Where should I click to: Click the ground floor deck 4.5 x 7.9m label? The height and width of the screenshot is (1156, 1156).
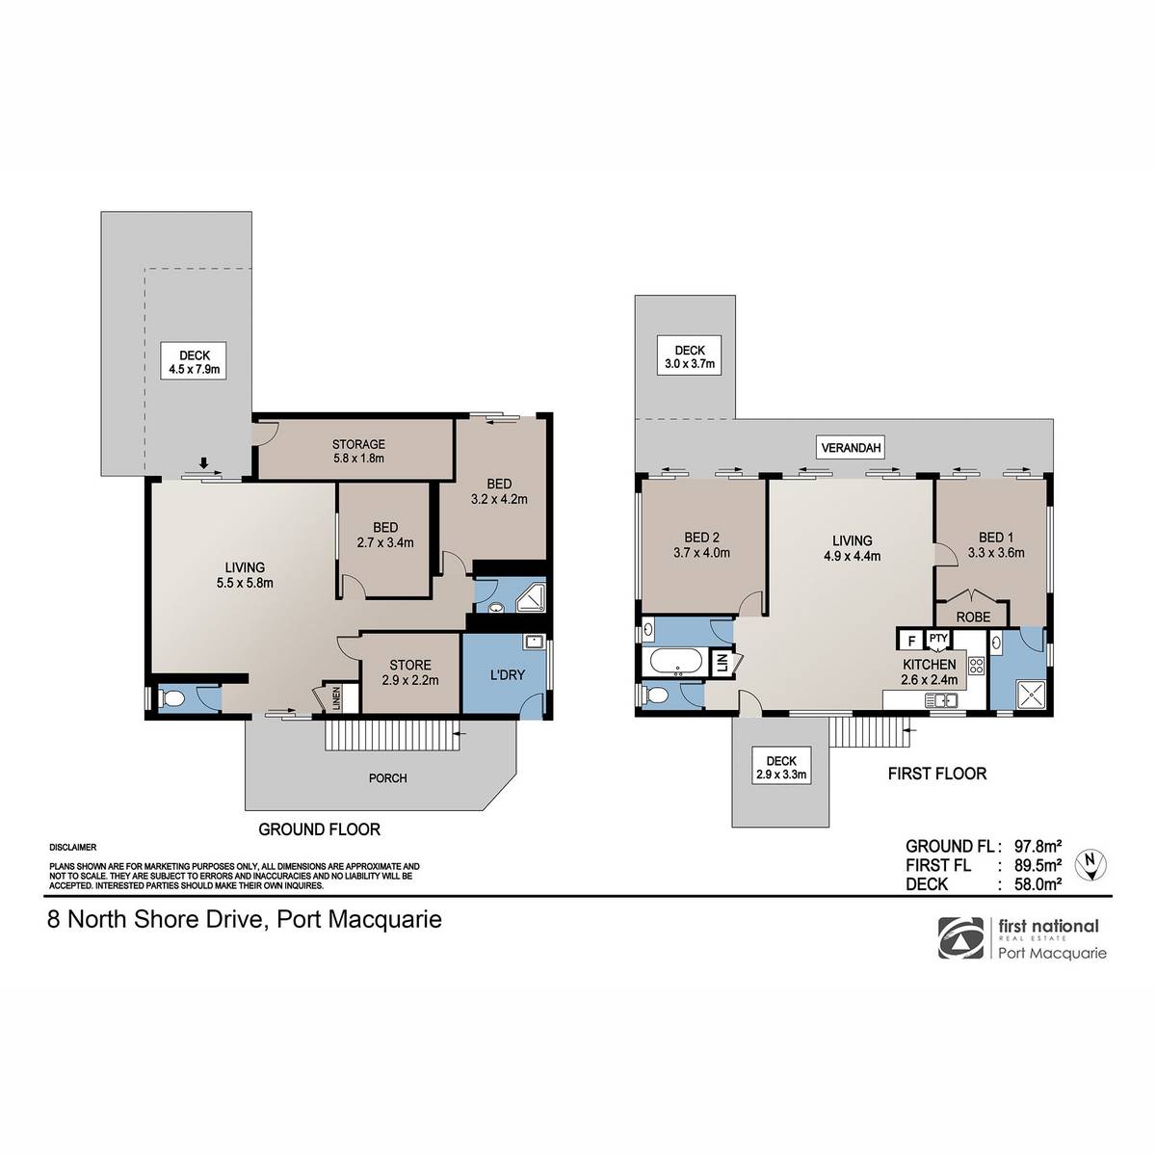tap(194, 361)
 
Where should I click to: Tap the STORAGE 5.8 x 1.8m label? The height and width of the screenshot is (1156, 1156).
tap(358, 451)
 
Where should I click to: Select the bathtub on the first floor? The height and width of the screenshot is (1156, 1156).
tap(676, 662)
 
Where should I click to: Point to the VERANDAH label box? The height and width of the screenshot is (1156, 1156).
tap(851, 448)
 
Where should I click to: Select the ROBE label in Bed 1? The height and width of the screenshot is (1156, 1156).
tap(973, 617)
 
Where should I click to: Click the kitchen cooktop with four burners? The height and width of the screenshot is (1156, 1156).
tap(976, 665)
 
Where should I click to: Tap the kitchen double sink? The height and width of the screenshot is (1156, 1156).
tap(940, 699)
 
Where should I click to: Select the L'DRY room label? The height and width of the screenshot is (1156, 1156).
tap(507, 675)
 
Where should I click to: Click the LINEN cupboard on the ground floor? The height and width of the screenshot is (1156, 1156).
tap(336, 697)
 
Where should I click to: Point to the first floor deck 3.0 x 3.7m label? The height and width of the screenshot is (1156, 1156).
tap(690, 356)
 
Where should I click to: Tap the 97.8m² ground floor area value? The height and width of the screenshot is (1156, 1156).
tap(1038, 847)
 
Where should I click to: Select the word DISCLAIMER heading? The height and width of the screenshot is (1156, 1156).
tap(72, 848)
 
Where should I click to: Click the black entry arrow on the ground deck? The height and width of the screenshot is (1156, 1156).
tap(204, 462)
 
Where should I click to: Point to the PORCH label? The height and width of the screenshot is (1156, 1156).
tap(387, 778)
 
